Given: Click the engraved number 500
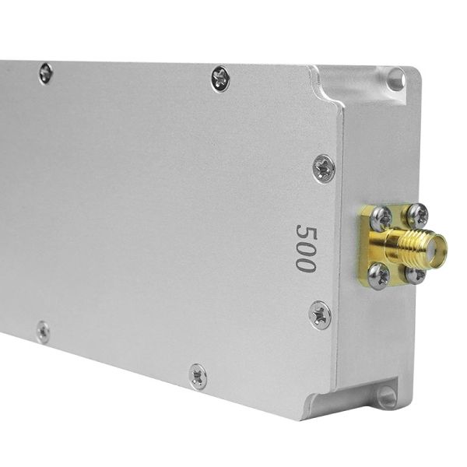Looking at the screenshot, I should pyautogui.click(x=305, y=248).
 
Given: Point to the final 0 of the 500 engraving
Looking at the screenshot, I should pyautogui.click(x=304, y=263).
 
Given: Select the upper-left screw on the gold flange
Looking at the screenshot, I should pyautogui.click(x=380, y=219).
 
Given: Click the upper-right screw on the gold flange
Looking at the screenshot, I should pyautogui.click(x=418, y=214).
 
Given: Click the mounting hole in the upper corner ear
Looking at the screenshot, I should pyautogui.click(x=396, y=78).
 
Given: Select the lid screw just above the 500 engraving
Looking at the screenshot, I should pyautogui.click(x=324, y=167).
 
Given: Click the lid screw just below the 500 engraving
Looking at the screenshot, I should pyautogui.click(x=320, y=314).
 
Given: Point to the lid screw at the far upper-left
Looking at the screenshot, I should pyautogui.click(x=46, y=73).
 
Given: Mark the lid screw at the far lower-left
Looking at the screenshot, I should pyautogui.click(x=43, y=332).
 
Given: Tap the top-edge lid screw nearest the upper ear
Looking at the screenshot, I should pyautogui.click(x=220, y=78).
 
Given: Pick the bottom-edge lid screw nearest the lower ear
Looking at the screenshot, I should pyautogui.click(x=198, y=376).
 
